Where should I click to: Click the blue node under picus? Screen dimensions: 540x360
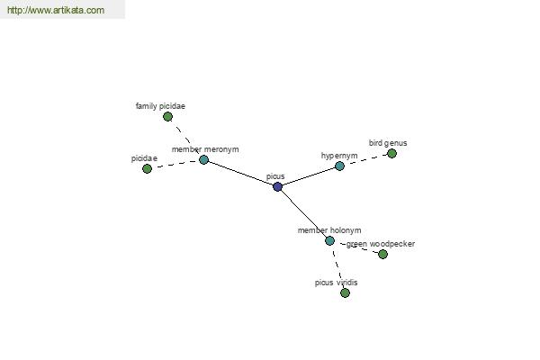[277, 186]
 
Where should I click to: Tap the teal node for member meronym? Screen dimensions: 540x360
[204, 159]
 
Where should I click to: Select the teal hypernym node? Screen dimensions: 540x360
[339, 166]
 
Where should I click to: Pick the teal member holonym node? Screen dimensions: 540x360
[329, 240]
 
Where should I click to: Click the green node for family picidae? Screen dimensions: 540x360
[167, 117]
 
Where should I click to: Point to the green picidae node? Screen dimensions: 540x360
[147, 168]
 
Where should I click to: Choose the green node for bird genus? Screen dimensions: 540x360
[391, 153]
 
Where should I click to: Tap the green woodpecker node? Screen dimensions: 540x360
[382, 254]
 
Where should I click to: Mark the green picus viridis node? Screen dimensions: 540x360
[345, 292]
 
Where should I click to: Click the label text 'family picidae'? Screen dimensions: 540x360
[160, 106]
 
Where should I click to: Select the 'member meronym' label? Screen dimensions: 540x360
[205, 149]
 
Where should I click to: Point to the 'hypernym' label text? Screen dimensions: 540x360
[339, 156]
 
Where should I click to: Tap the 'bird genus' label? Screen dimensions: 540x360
[388, 143]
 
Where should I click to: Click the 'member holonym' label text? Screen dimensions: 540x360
[329, 230]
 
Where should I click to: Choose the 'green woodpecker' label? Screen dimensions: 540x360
[381, 244]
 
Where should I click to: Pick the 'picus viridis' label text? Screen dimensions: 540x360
[336, 283]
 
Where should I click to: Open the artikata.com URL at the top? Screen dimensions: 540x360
[56, 10]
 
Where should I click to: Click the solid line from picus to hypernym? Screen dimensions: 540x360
[309, 176]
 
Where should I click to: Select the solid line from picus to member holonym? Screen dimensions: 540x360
[304, 213]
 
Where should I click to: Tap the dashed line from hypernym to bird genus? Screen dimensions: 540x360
[365, 160]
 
